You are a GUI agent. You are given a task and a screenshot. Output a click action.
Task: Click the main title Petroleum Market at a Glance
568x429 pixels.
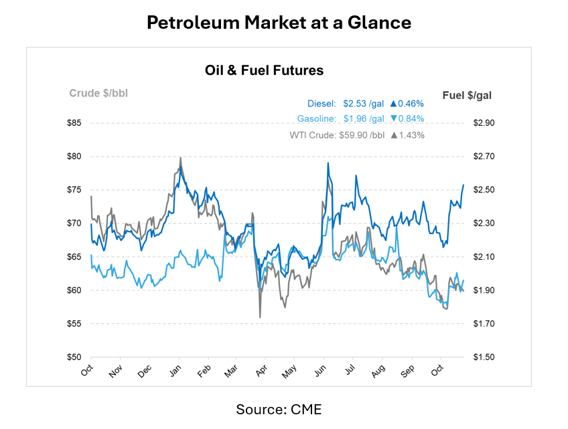click(x=279, y=23)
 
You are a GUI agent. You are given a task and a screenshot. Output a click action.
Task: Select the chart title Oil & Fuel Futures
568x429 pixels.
click(x=264, y=70)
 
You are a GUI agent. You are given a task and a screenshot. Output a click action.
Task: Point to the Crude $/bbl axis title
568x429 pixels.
click(x=98, y=93)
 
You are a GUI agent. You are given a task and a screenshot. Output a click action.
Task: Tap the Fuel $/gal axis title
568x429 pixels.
click(x=467, y=96)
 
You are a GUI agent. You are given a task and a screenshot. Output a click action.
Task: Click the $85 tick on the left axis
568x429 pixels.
click(x=74, y=123)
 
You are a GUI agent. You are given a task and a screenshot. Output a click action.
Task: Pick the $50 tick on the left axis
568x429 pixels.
click(x=74, y=357)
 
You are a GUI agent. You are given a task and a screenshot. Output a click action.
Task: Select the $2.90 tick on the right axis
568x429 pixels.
click(x=484, y=123)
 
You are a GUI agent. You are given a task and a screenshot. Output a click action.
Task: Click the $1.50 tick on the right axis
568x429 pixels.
click(x=484, y=357)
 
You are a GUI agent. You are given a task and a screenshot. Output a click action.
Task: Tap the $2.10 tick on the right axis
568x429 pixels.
click(x=484, y=257)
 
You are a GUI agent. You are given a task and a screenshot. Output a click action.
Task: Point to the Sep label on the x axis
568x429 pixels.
click(x=408, y=369)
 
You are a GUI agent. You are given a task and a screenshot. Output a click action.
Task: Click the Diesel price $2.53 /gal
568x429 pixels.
click(x=364, y=104)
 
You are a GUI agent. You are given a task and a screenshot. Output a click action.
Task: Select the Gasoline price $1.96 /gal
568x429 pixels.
click(x=364, y=119)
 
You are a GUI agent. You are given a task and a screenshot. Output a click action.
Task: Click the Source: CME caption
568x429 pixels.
click(x=279, y=409)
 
